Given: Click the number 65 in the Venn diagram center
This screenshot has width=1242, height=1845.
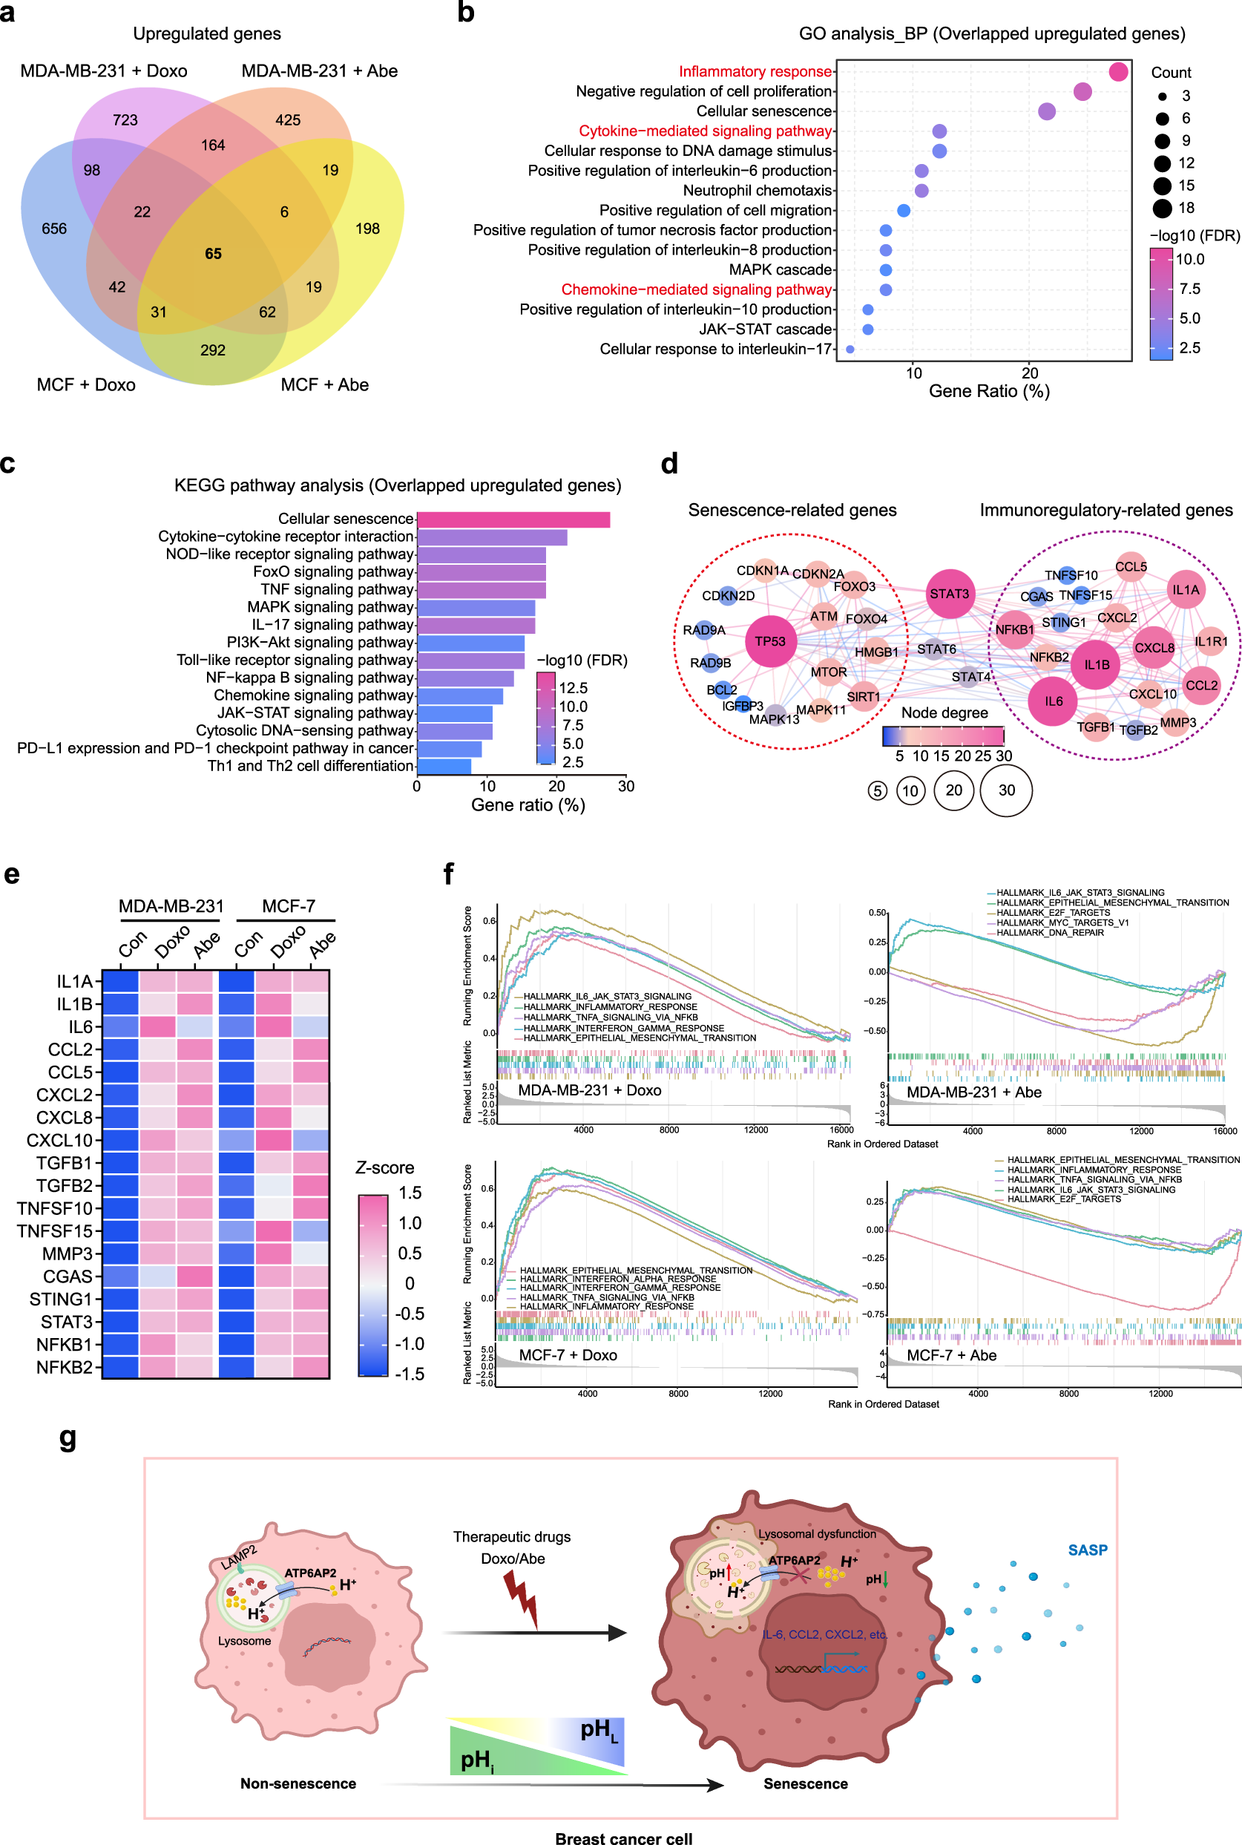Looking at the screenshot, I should (x=213, y=255).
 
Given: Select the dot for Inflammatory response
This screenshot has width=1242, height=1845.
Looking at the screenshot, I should (x=1117, y=72).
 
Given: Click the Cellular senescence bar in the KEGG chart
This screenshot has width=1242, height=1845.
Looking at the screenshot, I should (x=513, y=520).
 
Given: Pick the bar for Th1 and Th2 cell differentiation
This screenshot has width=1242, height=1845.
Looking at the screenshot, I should (x=444, y=766).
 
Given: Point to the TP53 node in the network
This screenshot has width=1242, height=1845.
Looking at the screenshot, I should (x=770, y=641).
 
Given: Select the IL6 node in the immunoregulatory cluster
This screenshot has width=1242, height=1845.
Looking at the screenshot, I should (x=1053, y=701).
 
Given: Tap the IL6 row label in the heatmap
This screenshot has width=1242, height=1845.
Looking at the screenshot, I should (x=80, y=1026).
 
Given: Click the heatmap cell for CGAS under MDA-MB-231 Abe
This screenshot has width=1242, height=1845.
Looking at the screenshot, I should (x=194, y=1277).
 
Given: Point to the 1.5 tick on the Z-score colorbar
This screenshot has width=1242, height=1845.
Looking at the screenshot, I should (x=410, y=1193).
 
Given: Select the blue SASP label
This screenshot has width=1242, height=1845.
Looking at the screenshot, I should (x=1087, y=1550).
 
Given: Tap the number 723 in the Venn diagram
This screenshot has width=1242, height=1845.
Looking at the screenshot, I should (x=125, y=120).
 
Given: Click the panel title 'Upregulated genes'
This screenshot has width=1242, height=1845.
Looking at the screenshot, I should (x=207, y=34).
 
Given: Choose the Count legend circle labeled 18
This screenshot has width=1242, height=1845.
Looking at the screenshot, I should (x=1162, y=209).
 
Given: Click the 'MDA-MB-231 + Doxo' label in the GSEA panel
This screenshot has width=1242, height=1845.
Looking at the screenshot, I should (x=589, y=1090).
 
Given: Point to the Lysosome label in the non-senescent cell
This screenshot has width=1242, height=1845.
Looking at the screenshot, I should (x=244, y=1641).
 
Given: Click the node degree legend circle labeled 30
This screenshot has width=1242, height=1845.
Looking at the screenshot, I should (x=1006, y=790).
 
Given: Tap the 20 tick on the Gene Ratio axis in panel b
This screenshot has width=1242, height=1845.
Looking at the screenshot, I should (x=1030, y=373).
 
